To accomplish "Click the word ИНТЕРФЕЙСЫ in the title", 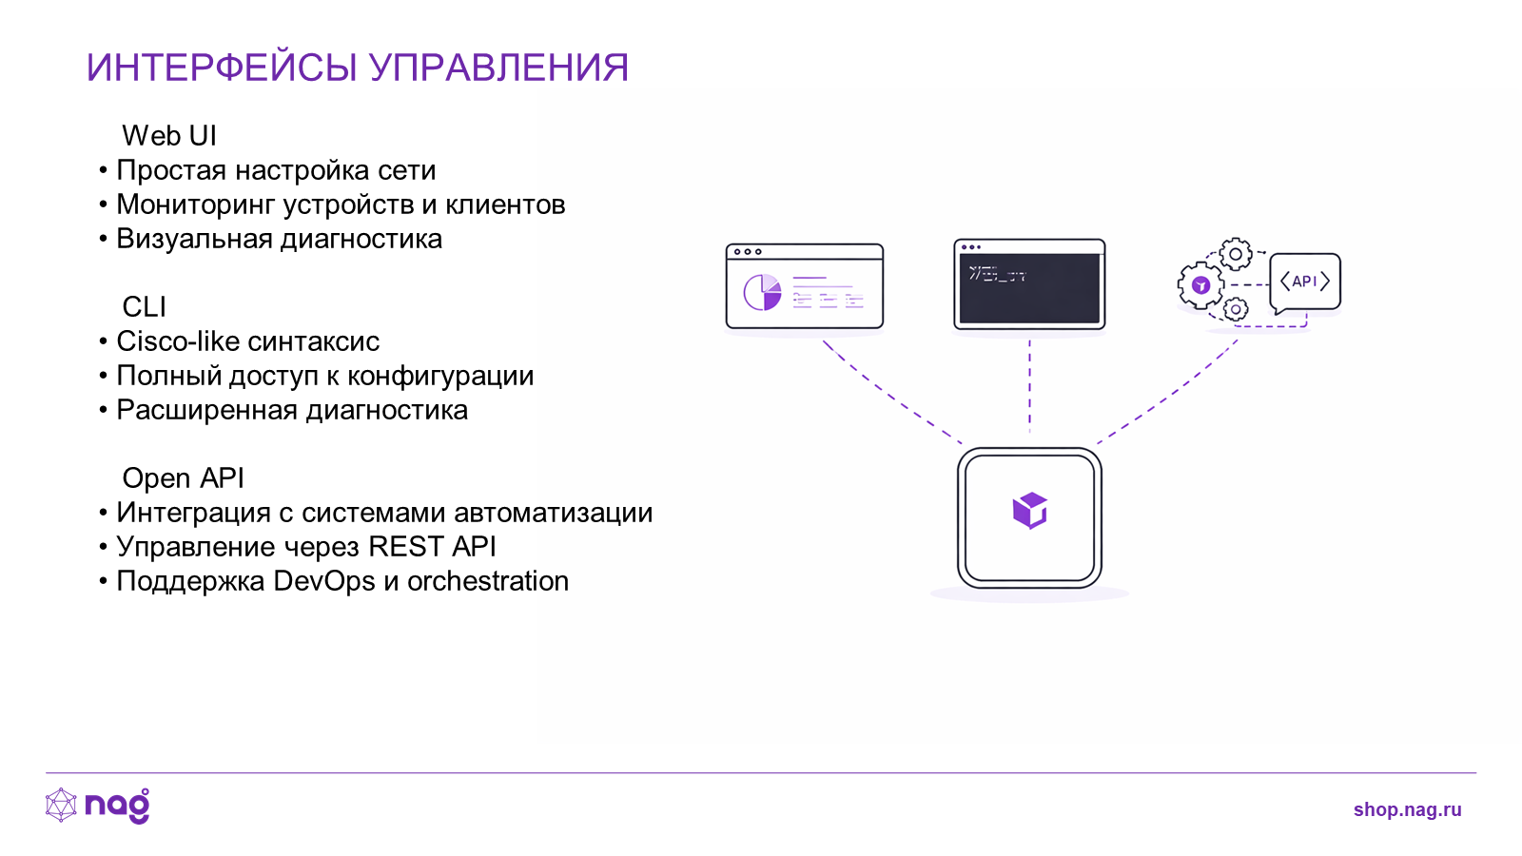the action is click(x=222, y=68).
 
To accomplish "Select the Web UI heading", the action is click(x=169, y=136).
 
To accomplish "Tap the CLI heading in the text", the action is click(x=144, y=307).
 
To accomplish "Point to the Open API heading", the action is click(x=183, y=478).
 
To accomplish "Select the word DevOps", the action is click(x=324, y=582).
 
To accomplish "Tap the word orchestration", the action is click(x=488, y=581).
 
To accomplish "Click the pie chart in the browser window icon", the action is click(x=762, y=292).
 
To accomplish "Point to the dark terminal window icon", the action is click(x=1029, y=284).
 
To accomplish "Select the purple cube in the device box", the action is click(x=1030, y=510).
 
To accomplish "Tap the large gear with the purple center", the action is click(x=1200, y=285).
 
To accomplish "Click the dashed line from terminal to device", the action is click(x=1029, y=386).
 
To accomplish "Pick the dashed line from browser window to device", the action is click(x=891, y=393).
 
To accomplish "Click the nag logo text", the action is click(x=118, y=806).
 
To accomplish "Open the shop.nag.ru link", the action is click(x=1407, y=809).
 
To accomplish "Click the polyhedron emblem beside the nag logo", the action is click(x=61, y=805).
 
